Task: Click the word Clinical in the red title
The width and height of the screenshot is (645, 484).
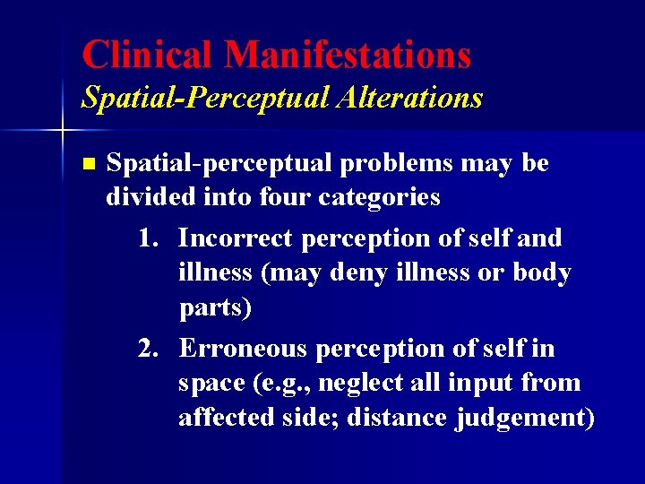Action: click(148, 55)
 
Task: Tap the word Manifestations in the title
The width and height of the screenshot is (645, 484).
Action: click(348, 55)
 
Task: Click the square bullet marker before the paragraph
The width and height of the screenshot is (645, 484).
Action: click(87, 164)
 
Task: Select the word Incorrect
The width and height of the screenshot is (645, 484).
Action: click(235, 238)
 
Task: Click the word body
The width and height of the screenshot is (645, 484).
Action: click(541, 272)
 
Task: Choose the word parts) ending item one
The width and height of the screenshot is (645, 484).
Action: click(215, 308)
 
